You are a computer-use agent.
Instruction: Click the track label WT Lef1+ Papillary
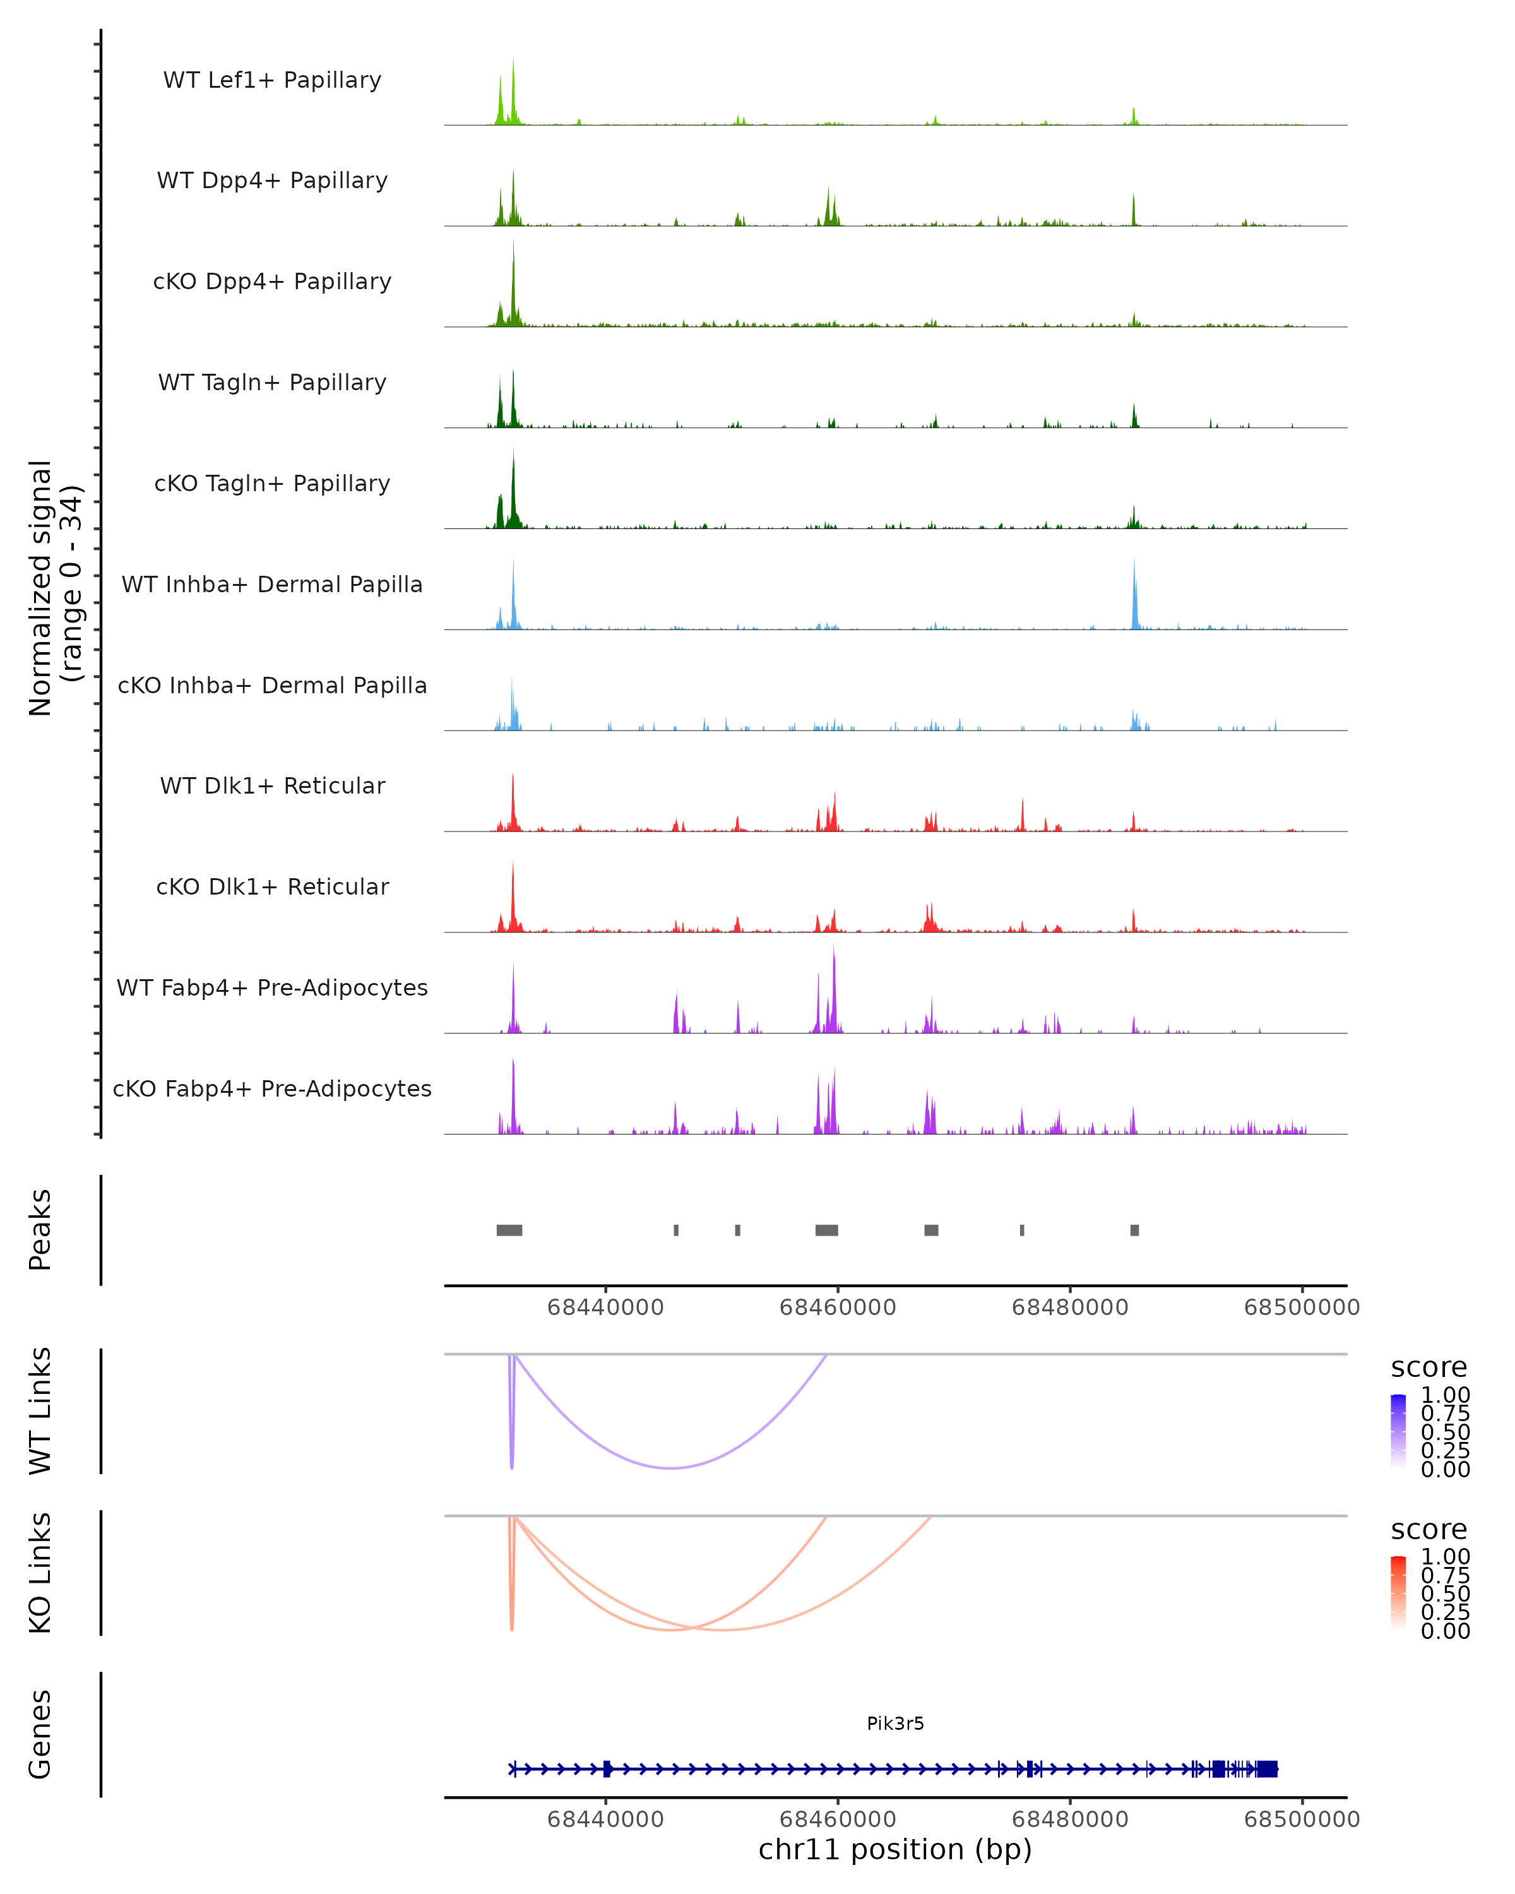click(272, 80)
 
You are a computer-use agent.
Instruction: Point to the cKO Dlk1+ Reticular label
click(272, 886)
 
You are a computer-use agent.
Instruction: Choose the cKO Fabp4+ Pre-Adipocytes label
click(272, 1088)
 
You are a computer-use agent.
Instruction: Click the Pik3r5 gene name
click(895, 1724)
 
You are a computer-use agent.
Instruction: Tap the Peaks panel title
click(40, 1230)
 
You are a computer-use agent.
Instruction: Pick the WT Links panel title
click(40, 1411)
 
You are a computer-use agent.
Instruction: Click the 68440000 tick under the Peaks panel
click(605, 1307)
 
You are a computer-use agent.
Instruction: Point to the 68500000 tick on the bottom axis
click(1302, 1820)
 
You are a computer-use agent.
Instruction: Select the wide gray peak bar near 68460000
click(826, 1230)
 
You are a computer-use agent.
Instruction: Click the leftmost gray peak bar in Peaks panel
click(509, 1230)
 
